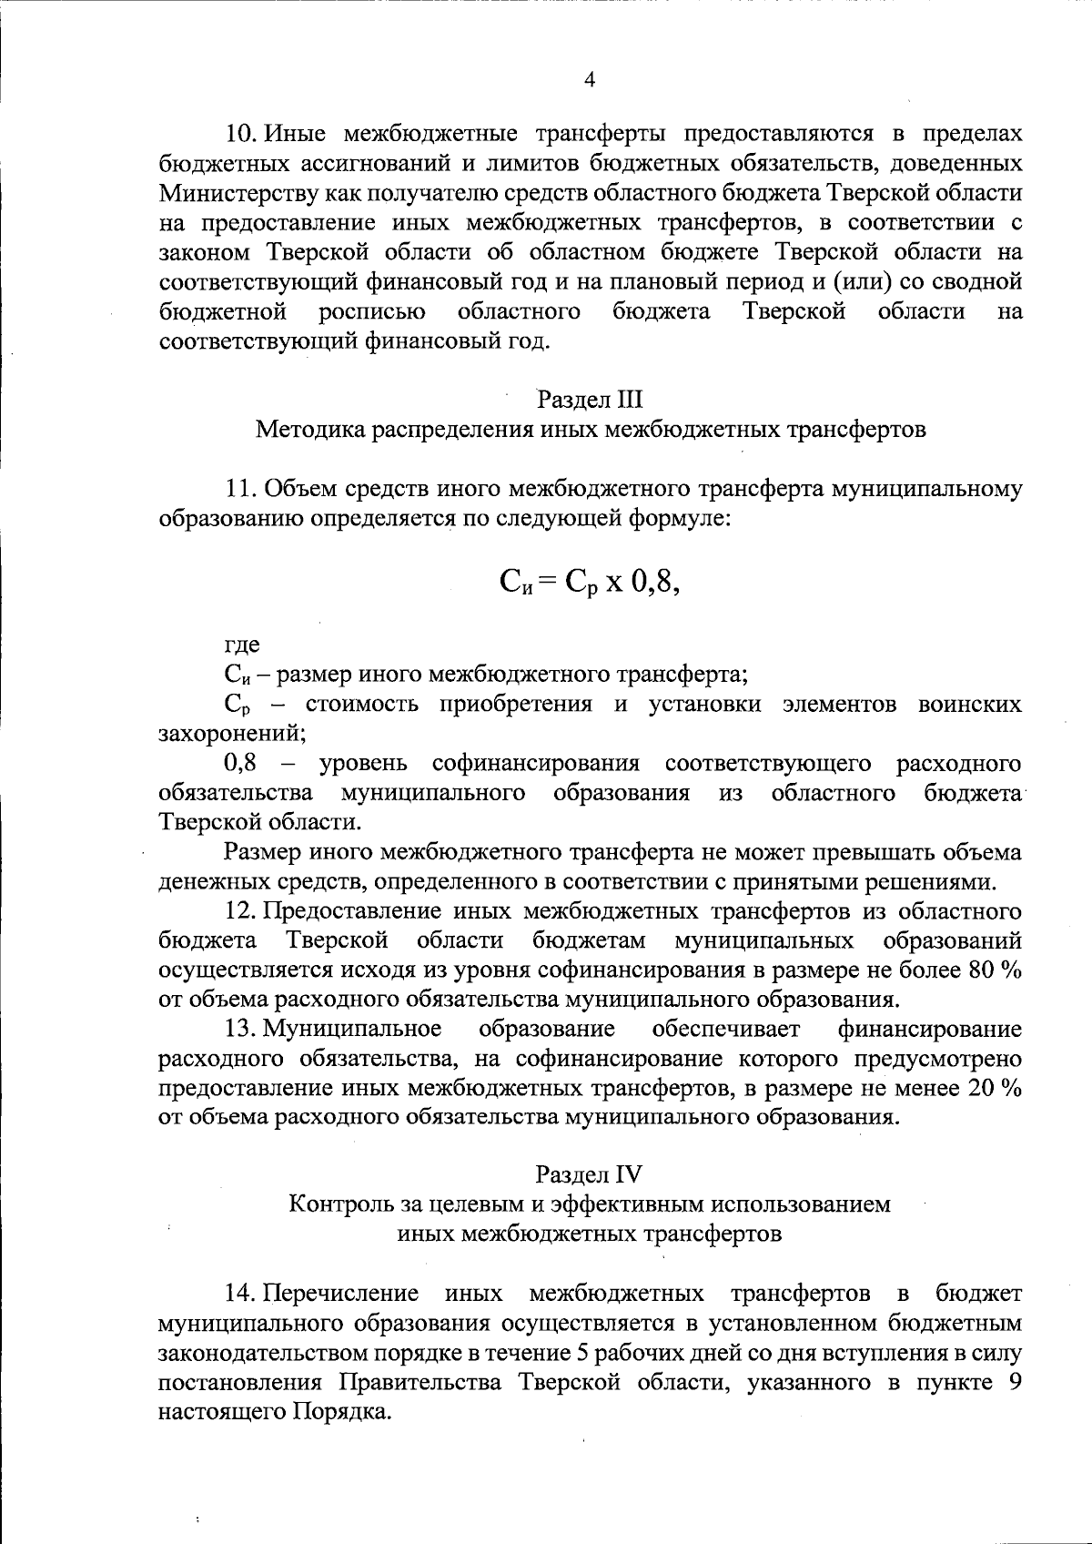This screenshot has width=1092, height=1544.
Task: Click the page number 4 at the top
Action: point(589,80)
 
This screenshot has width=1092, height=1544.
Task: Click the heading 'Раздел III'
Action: point(590,399)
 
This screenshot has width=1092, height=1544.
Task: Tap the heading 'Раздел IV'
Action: point(589,1174)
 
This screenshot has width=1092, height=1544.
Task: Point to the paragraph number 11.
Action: point(243,489)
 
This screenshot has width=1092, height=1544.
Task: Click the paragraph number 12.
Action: point(243,911)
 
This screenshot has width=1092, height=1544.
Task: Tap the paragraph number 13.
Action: point(243,1030)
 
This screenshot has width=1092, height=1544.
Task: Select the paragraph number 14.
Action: point(243,1294)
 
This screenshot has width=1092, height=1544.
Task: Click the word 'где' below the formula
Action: point(242,646)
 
